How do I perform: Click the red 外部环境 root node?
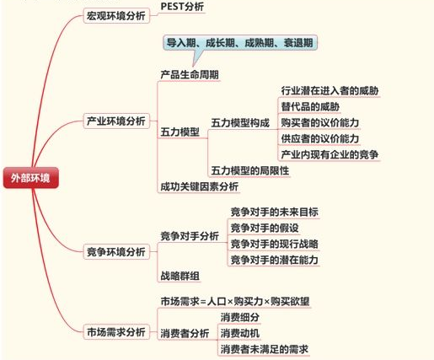(x=31, y=178)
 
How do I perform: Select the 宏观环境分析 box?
(x=116, y=16)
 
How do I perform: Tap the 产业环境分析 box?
(x=116, y=121)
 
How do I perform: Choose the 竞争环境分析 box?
(x=116, y=251)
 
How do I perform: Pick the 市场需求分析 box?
(x=116, y=332)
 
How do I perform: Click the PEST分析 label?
(x=182, y=7)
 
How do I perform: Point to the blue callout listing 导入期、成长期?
(x=240, y=43)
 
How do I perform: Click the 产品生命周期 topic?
(x=190, y=75)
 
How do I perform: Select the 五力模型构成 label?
(x=240, y=123)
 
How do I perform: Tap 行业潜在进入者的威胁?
(x=330, y=90)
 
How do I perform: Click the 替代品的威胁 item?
(x=310, y=106)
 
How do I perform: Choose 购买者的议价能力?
(x=320, y=122)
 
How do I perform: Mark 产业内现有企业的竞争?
(x=330, y=154)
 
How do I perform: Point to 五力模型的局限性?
(x=250, y=170)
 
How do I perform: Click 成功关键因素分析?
(x=200, y=186)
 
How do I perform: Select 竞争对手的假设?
(x=265, y=228)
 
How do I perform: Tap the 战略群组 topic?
(x=179, y=276)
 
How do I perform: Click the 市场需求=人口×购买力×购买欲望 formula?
(x=235, y=302)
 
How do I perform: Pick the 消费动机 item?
(x=240, y=333)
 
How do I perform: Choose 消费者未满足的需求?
(x=265, y=349)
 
